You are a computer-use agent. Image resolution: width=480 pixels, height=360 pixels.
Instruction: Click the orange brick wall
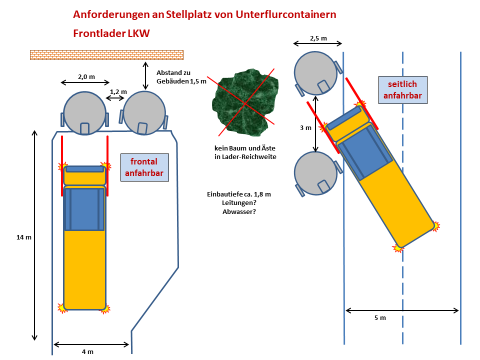coord(106,55)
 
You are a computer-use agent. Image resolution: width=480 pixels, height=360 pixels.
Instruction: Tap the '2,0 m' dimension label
coord(86,77)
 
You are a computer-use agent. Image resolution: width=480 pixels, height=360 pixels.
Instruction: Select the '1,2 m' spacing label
coord(118,91)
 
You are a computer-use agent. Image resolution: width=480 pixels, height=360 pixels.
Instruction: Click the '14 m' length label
coord(24,237)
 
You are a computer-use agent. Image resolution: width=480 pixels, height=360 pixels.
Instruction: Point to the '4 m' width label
coord(87,351)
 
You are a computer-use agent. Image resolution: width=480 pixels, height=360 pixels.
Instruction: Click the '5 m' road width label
coord(380,318)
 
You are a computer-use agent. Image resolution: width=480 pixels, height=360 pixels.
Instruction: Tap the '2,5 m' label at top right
coord(318,38)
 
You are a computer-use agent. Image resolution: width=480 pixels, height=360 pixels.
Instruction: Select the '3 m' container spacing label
coord(305,128)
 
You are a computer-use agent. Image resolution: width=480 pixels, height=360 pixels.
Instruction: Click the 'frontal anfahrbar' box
coord(144,167)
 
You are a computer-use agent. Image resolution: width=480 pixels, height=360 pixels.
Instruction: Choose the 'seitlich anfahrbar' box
coord(403,90)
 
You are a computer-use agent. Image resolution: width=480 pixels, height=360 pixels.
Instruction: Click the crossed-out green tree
coord(244,101)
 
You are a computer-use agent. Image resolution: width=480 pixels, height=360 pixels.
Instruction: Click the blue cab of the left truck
coord(84,208)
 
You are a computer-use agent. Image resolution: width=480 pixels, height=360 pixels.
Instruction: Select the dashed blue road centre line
coord(403,200)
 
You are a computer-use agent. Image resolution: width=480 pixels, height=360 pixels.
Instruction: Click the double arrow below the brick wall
coord(145,75)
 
